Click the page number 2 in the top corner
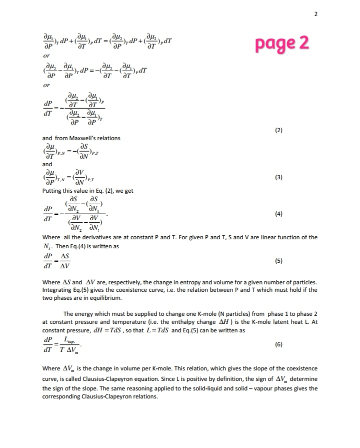coord(315,14)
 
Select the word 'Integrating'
coord(58,290)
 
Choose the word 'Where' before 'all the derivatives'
coord(51,237)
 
